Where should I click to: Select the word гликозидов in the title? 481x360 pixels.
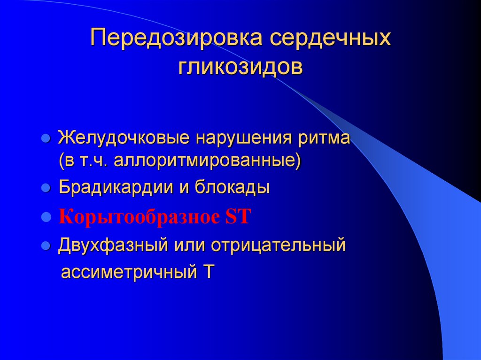click(x=240, y=67)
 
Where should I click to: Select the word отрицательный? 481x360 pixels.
click(x=278, y=245)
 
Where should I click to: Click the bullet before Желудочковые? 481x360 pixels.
click(x=46, y=139)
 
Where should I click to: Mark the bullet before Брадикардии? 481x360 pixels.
click(x=46, y=188)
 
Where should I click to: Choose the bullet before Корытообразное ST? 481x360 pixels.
click(x=46, y=217)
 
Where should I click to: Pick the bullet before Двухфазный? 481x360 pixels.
click(x=46, y=245)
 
